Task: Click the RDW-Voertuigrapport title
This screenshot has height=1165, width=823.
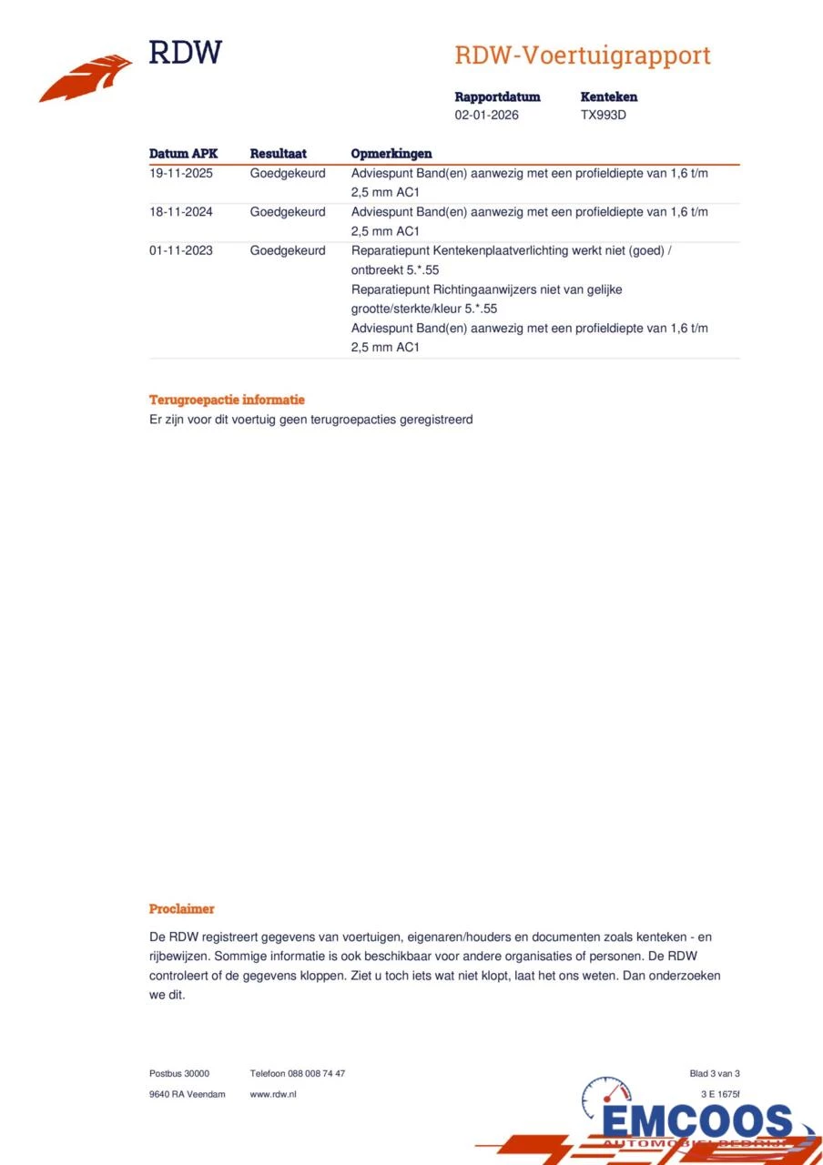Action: [x=582, y=56]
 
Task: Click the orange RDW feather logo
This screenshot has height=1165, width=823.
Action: [x=85, y=79]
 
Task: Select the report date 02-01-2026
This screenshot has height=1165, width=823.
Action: [x=487, y=116]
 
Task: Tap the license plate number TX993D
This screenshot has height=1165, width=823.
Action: [x=604, y=116]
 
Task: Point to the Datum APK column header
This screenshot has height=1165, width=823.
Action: [x=183, y=154]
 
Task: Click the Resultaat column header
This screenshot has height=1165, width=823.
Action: [x=278, y=154]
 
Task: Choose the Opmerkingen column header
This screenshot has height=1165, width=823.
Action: [x=391, y=154]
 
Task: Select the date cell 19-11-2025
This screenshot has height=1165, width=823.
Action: [x=181, y=173]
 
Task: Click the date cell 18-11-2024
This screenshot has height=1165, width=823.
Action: [x=181, y=212]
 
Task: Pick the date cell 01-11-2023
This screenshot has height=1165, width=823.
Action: [x=181, y=250]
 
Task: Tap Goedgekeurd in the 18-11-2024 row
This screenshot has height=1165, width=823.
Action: [x=288, y=212]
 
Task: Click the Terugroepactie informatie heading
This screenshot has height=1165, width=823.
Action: [x=227, y=400]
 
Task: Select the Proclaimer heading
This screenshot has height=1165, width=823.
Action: [x=181, y=908]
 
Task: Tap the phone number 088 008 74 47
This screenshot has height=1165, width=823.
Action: [x=316, y=1074]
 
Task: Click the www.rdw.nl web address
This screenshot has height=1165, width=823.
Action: [x=273, y=1094]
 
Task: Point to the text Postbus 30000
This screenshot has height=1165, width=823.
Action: [x=179, y=1074]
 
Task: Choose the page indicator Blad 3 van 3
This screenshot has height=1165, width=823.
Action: [x=715, y=1074]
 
